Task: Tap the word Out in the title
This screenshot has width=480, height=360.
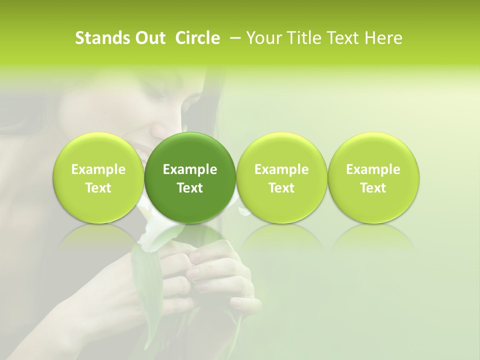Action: (148, 38)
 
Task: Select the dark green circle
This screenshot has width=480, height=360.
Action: (190, 177)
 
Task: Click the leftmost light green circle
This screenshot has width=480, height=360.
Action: (98, 177)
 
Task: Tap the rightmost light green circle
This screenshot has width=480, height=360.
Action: (373, 177)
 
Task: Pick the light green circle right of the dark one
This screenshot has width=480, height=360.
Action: (281, 177)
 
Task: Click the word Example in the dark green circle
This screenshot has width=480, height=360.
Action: (190, 169)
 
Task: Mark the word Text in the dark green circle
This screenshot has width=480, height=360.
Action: (190, 188)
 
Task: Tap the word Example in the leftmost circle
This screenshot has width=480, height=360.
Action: (98, 169)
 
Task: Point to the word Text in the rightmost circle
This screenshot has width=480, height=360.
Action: (373, 188)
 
